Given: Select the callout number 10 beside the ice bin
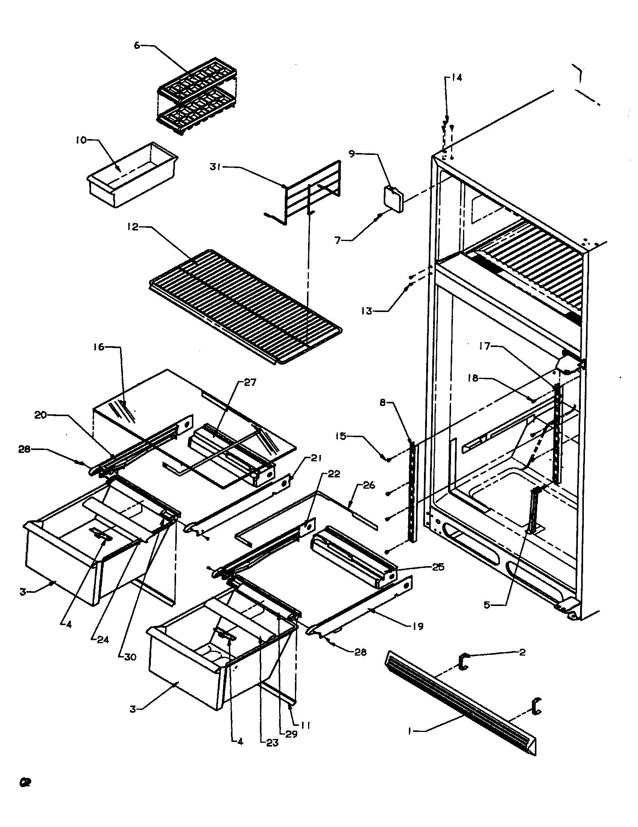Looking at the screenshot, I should [x=81, y=140].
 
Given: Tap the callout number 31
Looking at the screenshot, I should [x=216, y=167].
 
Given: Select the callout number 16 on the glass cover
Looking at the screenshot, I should [x=99, y=347].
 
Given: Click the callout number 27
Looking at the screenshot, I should [x=250, y=382].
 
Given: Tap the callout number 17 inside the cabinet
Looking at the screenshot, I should [x=485, y=346].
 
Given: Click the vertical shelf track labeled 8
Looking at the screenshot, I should [x=413, y=492].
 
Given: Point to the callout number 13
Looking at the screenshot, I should [x=367, y=311].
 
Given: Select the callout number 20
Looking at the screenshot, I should [x=41, y=415].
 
